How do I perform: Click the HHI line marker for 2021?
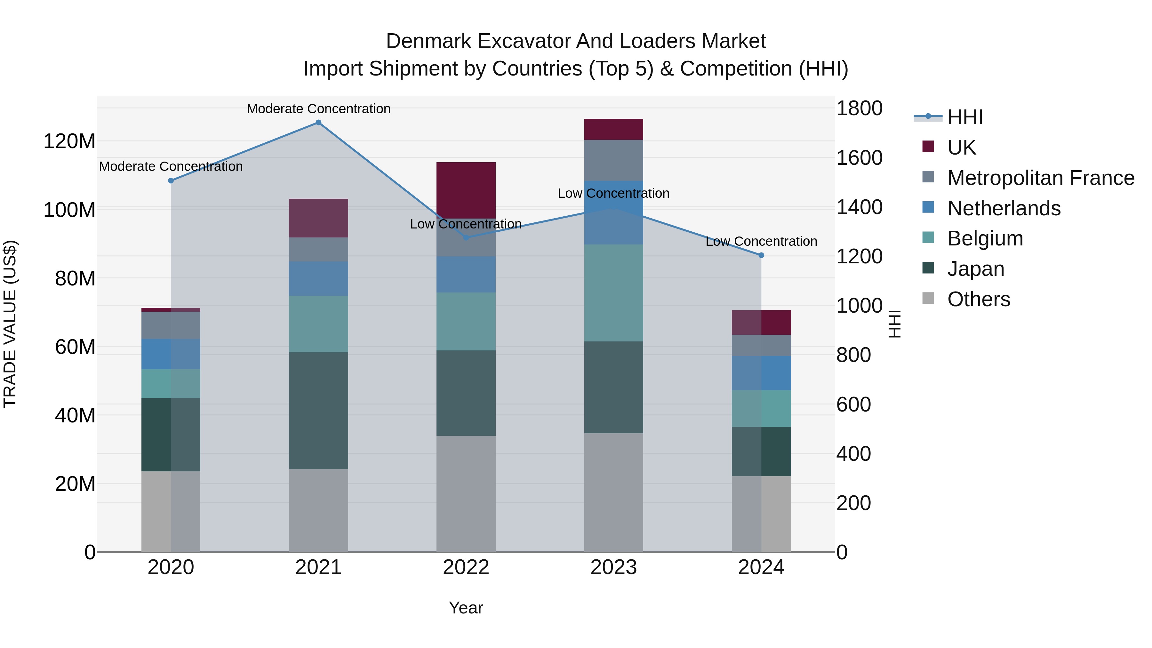[x=318, y=123]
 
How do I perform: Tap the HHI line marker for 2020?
[x=171, y=181]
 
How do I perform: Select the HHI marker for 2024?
[x=761, y=255]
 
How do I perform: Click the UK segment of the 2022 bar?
[x=466, y=190]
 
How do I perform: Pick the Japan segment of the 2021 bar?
[x=318, y=411]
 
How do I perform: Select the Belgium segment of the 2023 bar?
[x=613, y=293]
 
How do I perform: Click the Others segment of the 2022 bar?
[x=466, y=494]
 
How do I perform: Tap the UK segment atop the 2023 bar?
[x=613, y=129]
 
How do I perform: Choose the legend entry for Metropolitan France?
[x=1041, y=178]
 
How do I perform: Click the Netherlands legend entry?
[x=1004, y=208]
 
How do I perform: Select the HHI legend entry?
[x=964, y=117]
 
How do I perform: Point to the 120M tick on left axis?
[x=69, y=141]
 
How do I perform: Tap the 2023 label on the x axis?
[x=613, y=567]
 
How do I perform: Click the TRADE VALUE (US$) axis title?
[x=10, y=324]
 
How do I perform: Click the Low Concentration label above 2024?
[x=761, y=242]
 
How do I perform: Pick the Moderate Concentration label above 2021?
[x=318, y=109]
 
